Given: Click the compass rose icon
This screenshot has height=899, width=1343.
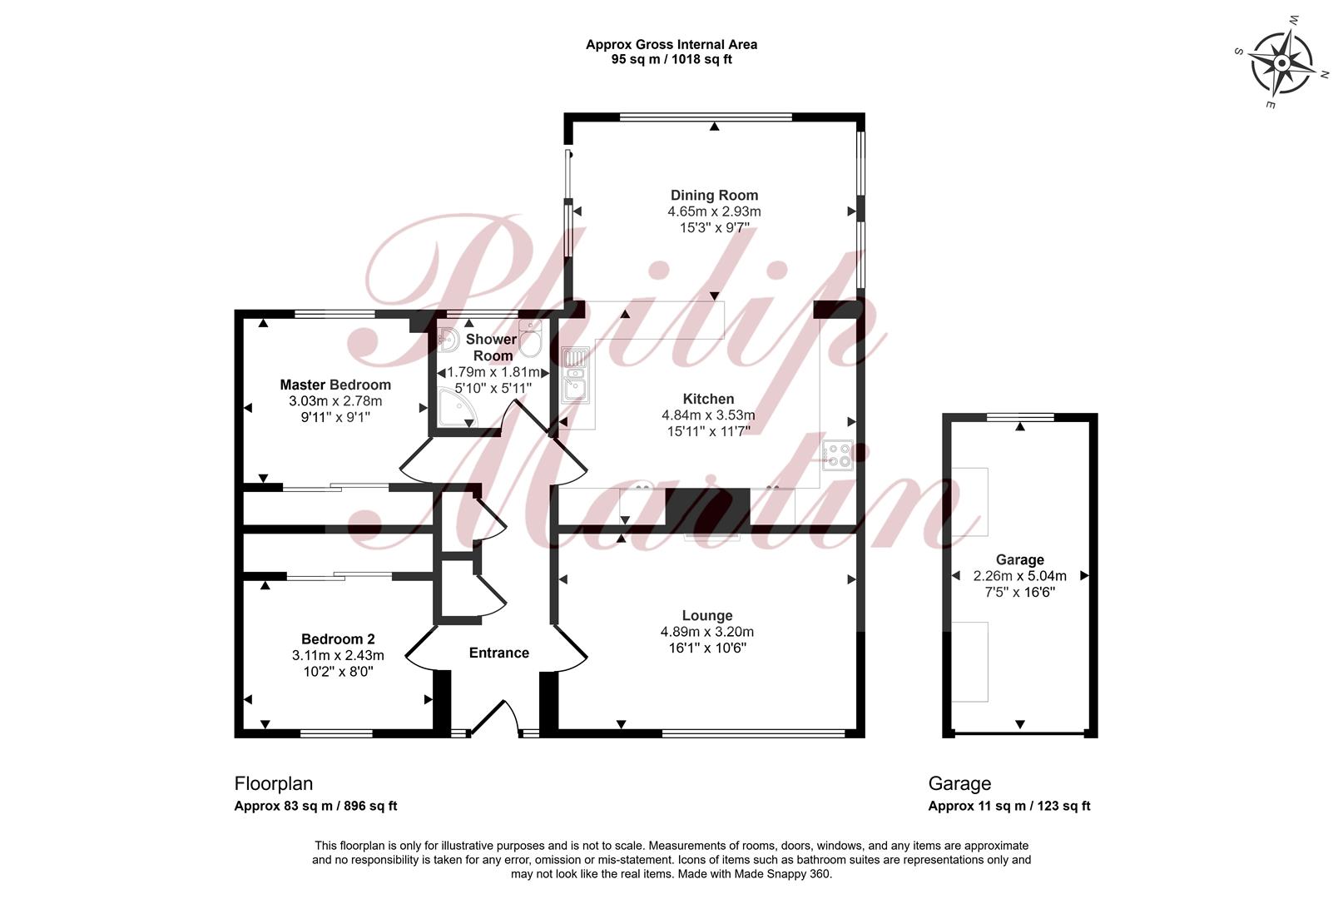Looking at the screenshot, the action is point(1281,63).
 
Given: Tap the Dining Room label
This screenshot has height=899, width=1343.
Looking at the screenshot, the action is point(714,195).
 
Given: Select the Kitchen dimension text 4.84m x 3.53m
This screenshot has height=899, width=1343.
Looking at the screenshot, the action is point(708,415).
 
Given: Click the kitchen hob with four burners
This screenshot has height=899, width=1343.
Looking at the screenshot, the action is point(838,454).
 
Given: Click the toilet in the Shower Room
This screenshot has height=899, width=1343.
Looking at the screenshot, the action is point(531,338).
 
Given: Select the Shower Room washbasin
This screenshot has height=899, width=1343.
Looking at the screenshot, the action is point(448,340).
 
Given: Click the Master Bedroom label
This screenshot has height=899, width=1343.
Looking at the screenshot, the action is point(335,385).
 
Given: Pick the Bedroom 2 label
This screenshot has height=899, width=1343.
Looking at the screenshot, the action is point(338,638).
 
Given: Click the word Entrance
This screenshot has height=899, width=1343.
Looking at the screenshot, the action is point(498,653).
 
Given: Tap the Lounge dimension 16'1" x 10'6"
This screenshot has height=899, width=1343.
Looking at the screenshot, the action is point(707,648).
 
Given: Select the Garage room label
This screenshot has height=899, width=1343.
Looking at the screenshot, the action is point(1020,559).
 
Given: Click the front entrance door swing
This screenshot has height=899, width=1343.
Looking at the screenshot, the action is point(496,715).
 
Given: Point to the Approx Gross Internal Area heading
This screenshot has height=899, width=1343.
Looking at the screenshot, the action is point(671,44).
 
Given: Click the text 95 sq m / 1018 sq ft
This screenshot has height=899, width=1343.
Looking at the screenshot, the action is point(671,59).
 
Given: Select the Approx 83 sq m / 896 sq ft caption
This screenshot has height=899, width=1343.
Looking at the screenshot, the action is point(315,806).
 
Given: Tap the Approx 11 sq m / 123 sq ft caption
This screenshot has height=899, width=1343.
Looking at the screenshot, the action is point(1009,806).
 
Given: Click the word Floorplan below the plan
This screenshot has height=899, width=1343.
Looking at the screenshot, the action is point(274,784).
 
